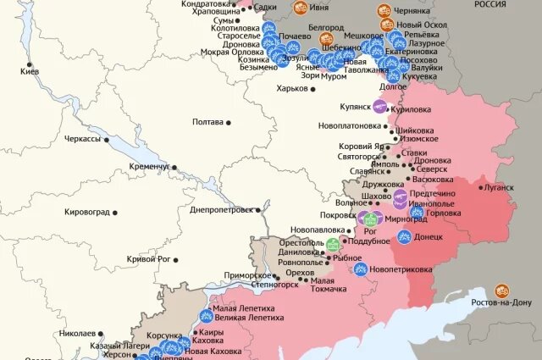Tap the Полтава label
(x=208, y=122)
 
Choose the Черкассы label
(x=81, y=138)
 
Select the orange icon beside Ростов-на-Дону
(x=502, y=291)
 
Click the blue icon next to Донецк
(x=405, y=237)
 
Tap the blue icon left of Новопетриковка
(x=361, y=269)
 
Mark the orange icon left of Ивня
(x=300, y=8)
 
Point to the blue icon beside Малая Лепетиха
(x=206, y=315)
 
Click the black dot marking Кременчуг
(x=174, y=167)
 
